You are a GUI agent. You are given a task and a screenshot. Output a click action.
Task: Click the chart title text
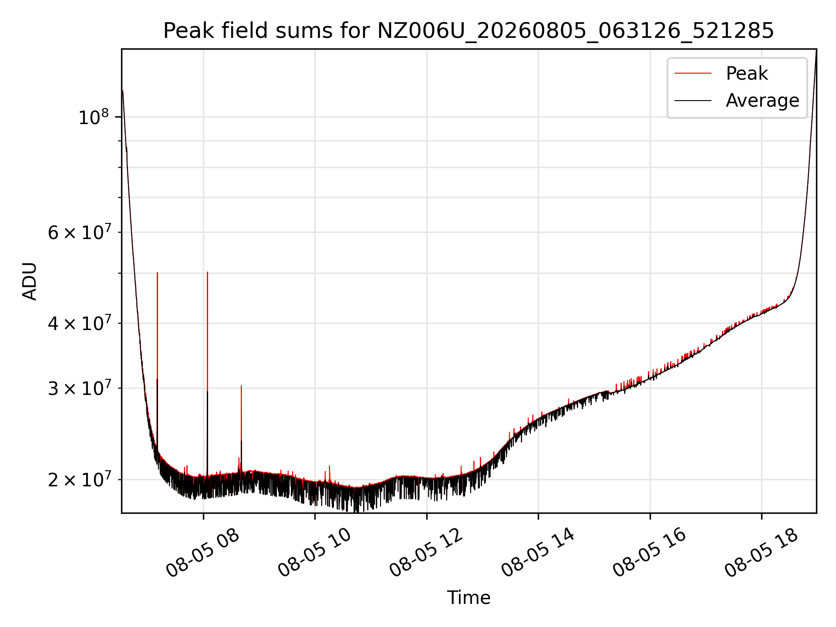(x=469, y=31)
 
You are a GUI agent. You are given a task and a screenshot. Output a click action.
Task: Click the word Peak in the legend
(x=747, y=74)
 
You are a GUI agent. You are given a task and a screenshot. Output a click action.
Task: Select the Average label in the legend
(x=762, y=101)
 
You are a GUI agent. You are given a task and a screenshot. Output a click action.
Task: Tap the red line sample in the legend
(x=693, y=74)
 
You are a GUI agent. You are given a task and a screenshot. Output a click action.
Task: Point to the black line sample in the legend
(x=693, y=101)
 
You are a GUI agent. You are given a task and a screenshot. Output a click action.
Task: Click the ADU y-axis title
(x=30, y=281)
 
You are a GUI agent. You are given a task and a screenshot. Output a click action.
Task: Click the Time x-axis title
(x=469, y=598)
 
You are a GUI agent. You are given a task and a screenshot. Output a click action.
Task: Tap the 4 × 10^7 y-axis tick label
(x=78, y=323)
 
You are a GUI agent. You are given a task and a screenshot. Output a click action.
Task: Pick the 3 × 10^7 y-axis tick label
(x=78, y=388)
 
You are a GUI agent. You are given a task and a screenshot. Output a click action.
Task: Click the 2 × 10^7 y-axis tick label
(x=78, y=479)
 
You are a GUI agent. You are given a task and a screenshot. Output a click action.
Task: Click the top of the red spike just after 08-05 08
(x=207, y=272)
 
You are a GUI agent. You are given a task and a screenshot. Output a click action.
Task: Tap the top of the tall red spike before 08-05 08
(x=157, y=273)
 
